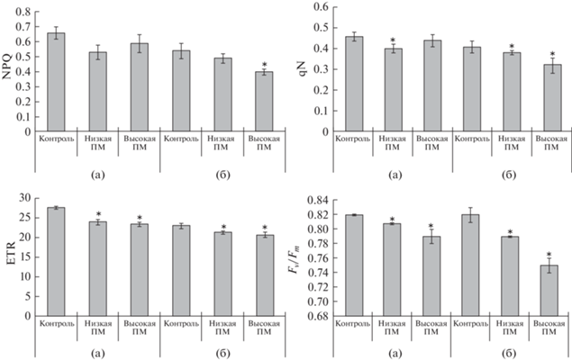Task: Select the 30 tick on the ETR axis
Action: (x=25, y=198)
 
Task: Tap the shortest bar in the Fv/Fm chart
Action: (x=549, y=290)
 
